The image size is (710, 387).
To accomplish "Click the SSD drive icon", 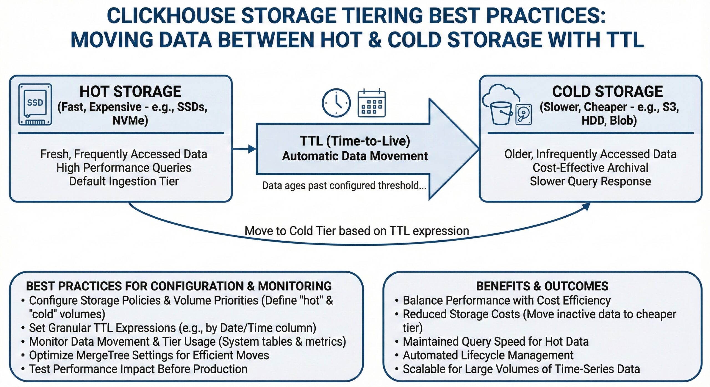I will pyautogui.click(x=35, y=104).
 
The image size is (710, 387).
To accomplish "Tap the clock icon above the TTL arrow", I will pyautogui.click(x=336, y=103).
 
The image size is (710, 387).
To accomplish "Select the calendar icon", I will pyautogui.click(x=371, y=103).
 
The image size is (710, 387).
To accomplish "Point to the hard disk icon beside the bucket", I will pyautogui.click(x=523, y=114).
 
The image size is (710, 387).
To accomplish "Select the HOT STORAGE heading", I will pyautogui.click(x=130, y=91).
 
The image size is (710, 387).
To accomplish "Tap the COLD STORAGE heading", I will pyautogui.click(x=607, y=91).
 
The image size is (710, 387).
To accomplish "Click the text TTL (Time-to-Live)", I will pyautogui.click(x=355, y=141).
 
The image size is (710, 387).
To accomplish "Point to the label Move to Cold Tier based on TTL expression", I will pyautogui.click(x=357, y=231).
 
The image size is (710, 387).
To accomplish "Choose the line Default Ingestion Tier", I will pyautogui.click(x=124, y=181).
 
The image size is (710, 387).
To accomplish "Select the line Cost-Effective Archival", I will pyautogui.click(x=590, y=168).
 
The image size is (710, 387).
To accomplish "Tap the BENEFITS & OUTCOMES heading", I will pyautogui.click(x=542, y=286).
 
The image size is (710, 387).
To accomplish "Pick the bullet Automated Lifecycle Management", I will pyautogui.click(x=488, y=355).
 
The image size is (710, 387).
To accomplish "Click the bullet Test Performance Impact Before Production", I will pyautogui.click(x=138, y=369).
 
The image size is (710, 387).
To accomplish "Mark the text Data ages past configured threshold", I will pyautogui.click(x=344, y=185).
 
